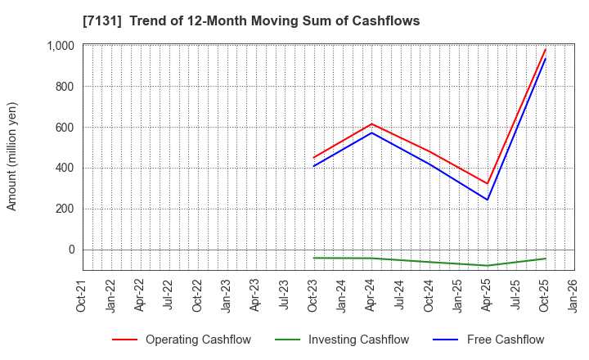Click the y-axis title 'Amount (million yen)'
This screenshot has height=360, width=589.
12,156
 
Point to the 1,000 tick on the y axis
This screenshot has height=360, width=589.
60,46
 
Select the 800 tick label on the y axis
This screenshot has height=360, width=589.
65,87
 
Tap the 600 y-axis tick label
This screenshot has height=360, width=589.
65,128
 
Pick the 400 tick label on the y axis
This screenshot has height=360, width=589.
65,169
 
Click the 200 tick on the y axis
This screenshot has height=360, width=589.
65,209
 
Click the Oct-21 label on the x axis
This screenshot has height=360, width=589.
83,295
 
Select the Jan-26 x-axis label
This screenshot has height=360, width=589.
574,295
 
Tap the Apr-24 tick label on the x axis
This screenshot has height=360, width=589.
371,295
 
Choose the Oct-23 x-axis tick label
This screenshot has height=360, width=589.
313,295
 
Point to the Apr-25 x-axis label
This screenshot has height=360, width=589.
488,295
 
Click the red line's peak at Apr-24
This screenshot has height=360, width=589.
371,124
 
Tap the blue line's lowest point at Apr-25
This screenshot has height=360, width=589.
488,200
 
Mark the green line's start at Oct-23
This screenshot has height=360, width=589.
313,258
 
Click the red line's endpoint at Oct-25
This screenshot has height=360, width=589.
545,49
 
